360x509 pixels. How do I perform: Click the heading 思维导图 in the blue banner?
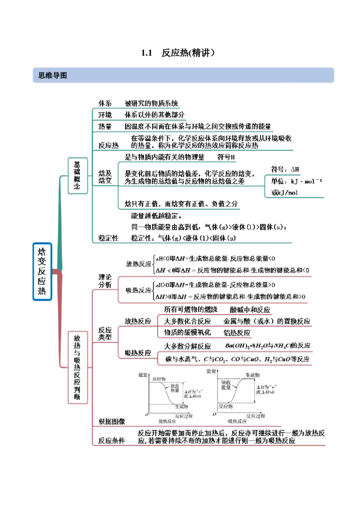tap(50, 76)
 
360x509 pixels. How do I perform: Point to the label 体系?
tap(105, 103)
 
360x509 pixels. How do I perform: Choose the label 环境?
tap(105, 115)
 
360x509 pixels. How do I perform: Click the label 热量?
tap(105, 127)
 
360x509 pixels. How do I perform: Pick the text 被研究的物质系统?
tap(151, 103)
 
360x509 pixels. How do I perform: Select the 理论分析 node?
tap(104, 281)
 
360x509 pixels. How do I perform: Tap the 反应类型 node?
tap(104, 333)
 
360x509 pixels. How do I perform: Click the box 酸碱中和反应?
tap(250, 310)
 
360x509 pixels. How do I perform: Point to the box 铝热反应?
tap(237, 333)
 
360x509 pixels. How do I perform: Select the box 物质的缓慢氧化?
tap(187, 332)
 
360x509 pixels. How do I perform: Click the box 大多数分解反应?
tap(187, 346)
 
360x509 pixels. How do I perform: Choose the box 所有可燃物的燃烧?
tap(191, 310)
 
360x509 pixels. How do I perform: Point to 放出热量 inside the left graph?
tap(175, 388)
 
